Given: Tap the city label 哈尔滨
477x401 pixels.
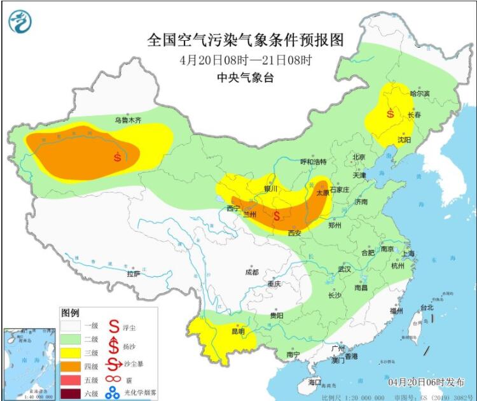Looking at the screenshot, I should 420,94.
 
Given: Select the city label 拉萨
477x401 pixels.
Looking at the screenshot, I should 133,274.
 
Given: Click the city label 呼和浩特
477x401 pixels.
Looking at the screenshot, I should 313,162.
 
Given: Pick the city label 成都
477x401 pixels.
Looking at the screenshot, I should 252,272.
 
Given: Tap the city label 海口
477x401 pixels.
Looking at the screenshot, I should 315,383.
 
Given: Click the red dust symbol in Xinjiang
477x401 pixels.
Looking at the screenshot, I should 117,156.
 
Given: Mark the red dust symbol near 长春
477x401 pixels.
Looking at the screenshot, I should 390,115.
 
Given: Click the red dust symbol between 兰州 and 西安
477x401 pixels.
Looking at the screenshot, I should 277,216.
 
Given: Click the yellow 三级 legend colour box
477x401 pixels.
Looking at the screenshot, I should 71,353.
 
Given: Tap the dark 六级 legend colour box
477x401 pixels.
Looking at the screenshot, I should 71,393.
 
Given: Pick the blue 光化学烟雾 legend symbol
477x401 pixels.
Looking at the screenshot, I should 113,393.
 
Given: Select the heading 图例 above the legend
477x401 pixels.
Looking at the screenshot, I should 69,313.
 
